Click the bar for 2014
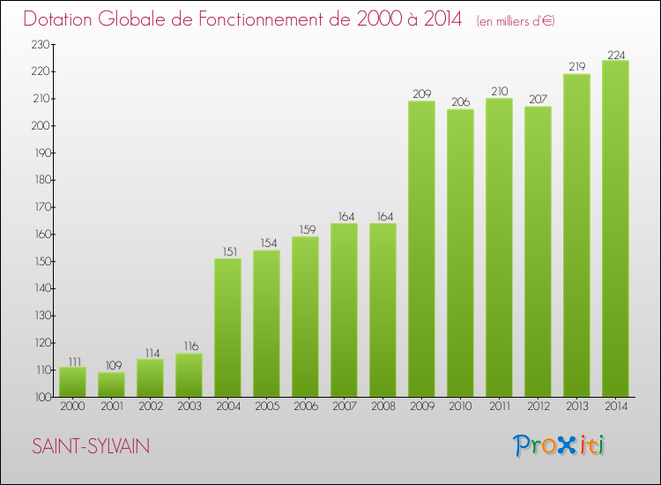tap(615, 229)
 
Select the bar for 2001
tap(111, 384)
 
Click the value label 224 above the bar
tap(615, 54)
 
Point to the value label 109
tap(111, 366)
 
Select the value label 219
tap(576, 67)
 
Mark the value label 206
tap(460, 102)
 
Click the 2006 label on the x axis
tap(305, 407)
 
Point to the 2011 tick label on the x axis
tap(499, 407)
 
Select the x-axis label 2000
tap(72, 407)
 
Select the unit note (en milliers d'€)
tap(516, 20)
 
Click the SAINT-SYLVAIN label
tap(91, 447)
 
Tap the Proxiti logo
tap(560, 445)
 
